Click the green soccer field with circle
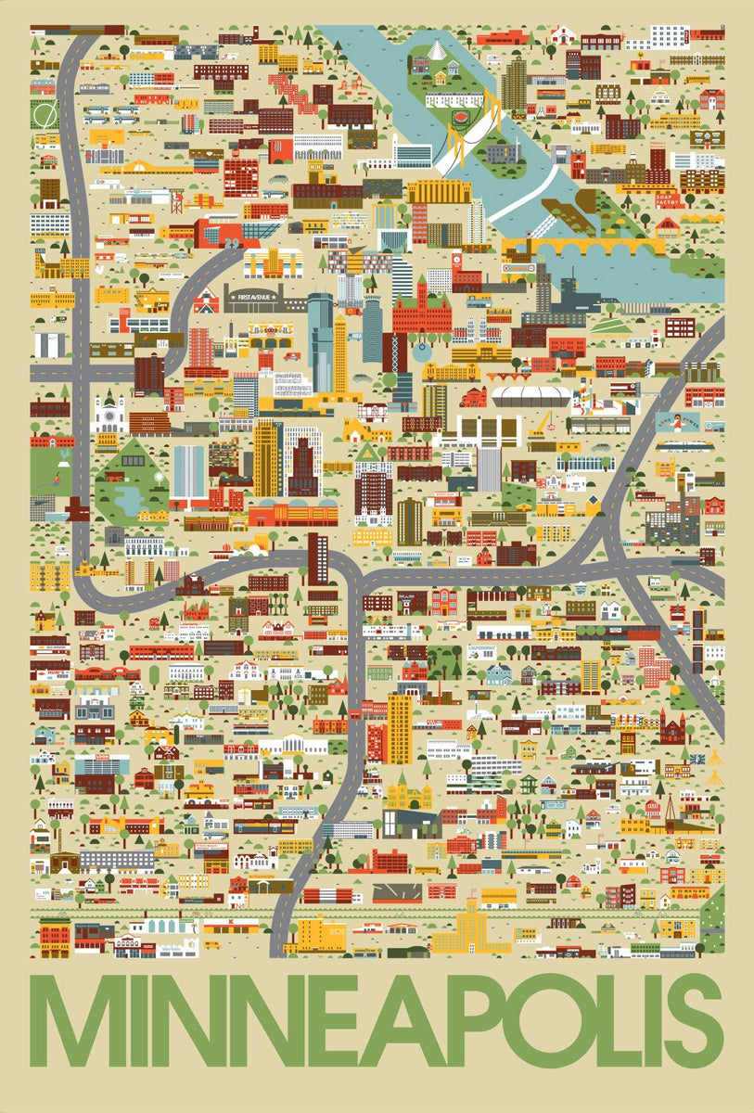coord(44,113)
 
